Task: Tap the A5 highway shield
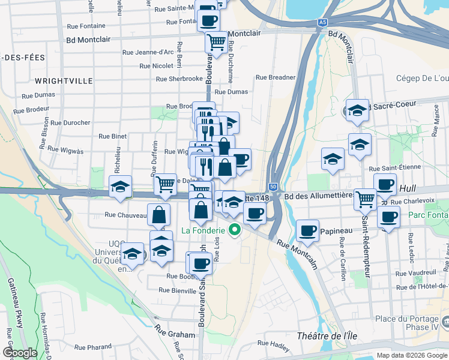point(323,22)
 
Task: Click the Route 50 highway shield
point(273,187)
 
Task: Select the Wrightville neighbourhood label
point(64,80)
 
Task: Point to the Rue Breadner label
point(276,77)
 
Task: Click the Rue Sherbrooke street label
point(179,79)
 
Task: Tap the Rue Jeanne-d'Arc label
point(147,52)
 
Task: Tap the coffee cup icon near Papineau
point(309,230)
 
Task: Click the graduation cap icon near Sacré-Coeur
point(357,110)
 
